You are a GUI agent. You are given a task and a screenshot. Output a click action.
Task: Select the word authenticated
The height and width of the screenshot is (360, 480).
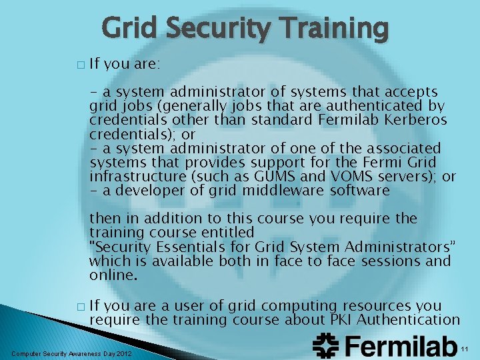369,105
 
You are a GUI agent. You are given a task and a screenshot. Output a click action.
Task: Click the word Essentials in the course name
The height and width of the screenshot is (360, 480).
185,247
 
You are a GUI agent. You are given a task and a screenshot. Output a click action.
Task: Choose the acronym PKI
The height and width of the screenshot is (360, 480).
343,319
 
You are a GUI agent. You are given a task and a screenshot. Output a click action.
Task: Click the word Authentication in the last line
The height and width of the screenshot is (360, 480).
409,319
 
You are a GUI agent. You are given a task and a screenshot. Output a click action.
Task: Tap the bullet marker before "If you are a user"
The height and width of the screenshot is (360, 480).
81,307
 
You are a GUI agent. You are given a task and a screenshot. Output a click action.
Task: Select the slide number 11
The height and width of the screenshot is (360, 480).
465,349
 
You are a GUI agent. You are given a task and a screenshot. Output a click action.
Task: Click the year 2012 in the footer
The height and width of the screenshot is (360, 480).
123,353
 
